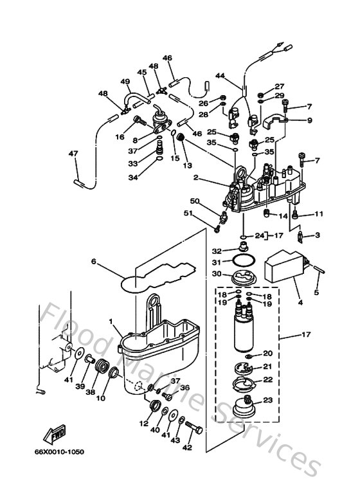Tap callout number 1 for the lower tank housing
tap(112, 321)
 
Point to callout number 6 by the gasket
tap(93, 262)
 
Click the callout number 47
tap(73, 154)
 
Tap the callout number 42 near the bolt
tap(188, 447)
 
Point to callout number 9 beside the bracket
tap(309, 120)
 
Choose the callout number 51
tap(206, 214)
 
